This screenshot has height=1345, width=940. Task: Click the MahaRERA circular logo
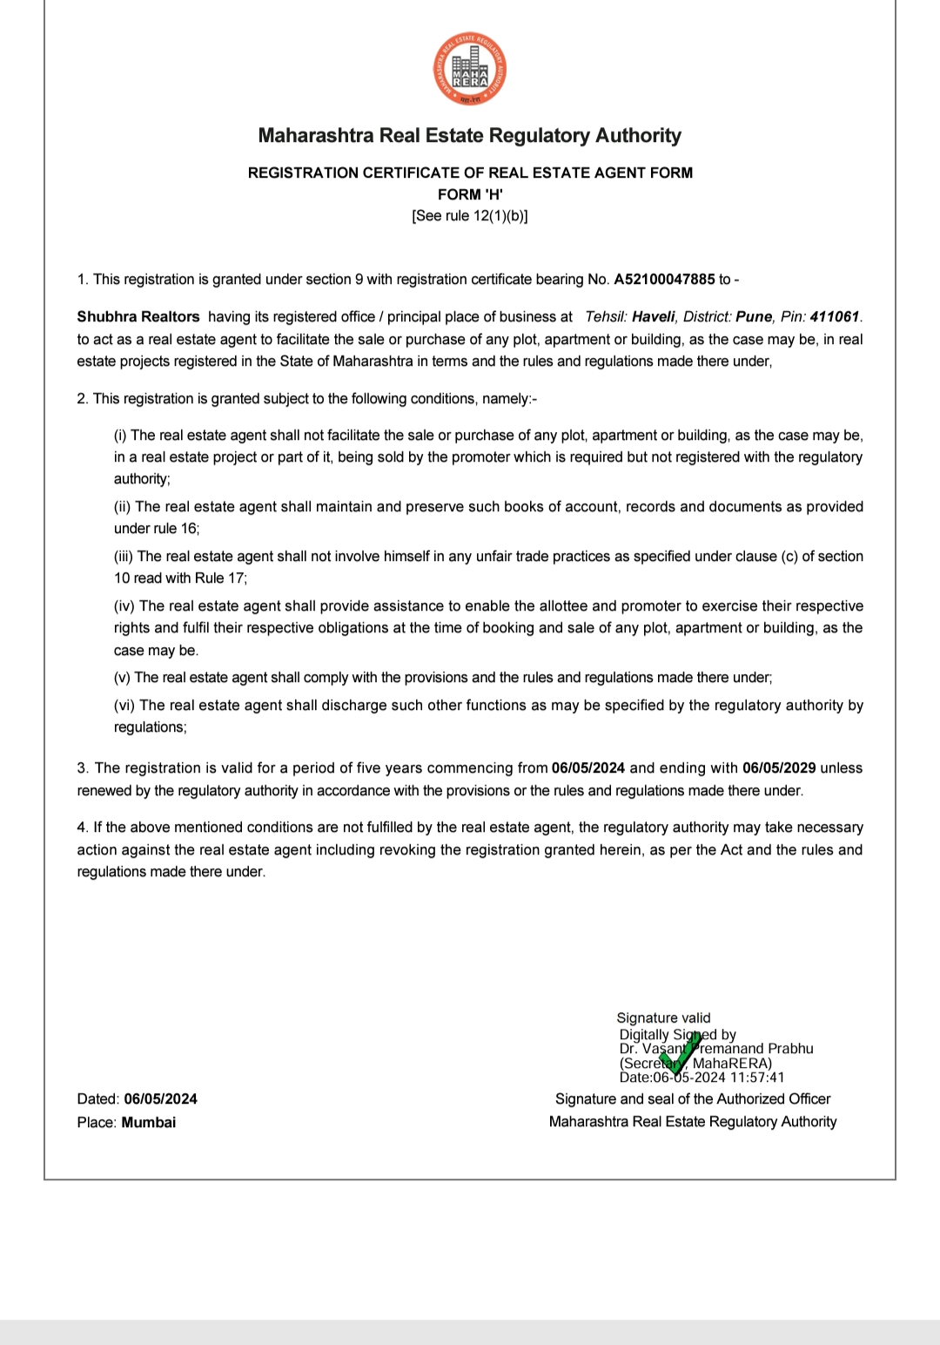point(470,71)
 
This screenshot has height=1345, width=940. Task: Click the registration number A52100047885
point(664,280)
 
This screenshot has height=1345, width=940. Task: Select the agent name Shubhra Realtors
point(138,317)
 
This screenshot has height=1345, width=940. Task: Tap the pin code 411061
point(835,317)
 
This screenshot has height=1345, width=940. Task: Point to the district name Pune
point(754,317)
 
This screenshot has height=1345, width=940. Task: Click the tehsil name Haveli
point(654,317)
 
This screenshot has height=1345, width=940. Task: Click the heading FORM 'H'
point(470,194)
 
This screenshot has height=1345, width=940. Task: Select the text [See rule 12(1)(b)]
point(470,216)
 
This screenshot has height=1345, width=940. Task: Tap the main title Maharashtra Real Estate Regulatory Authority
point(470,136)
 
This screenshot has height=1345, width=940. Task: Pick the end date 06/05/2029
point(779,768)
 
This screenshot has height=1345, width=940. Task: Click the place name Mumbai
point(149,1123)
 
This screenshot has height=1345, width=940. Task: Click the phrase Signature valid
point(663,1017)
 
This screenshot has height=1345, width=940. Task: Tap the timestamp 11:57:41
point(757,1078)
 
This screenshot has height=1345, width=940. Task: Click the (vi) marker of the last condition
point(124,706)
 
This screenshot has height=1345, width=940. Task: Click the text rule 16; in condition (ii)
point(178,529)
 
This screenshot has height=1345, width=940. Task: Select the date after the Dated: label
point(160,1099)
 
